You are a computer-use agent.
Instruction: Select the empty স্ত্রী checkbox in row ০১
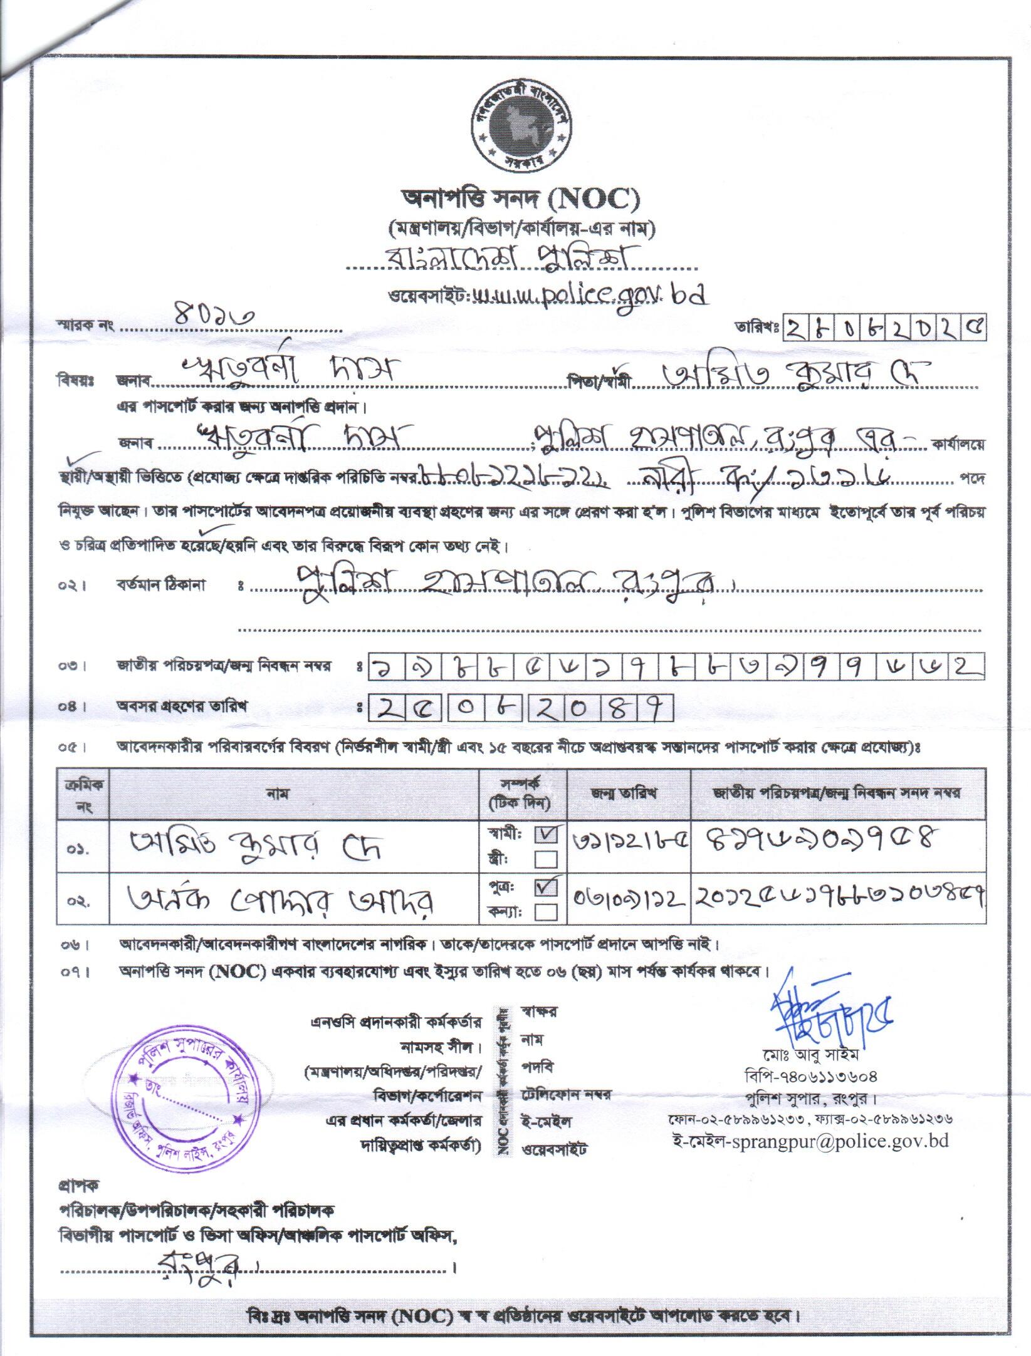545,858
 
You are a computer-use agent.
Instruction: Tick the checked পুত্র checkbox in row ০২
545,889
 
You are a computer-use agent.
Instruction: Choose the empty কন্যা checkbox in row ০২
545,913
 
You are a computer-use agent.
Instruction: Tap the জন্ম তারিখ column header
629,794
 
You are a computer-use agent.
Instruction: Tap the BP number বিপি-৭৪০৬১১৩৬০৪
812,1077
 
